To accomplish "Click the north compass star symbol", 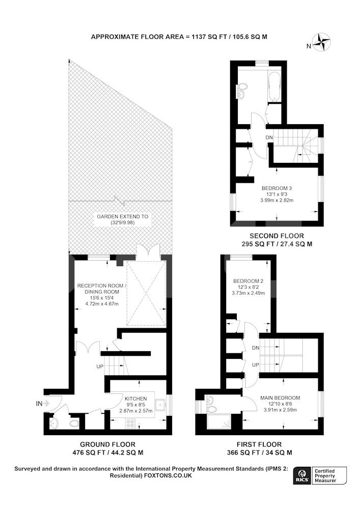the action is (x=322, y=42).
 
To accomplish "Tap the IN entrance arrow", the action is (x=46, y=404).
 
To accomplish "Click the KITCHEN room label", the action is (x=135, y=399).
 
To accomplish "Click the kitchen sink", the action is (x=160, y=405).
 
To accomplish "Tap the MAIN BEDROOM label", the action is (x=280, y=398).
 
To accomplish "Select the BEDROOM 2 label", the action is (x=248, y=281).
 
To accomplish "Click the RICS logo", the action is (x=301, y=476).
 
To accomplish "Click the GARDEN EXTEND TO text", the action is (x=122, y=216).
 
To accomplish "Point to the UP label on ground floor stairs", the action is (x=100, y=366).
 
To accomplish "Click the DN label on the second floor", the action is (x=269, y=137).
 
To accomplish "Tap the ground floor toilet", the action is (x=74, y=423).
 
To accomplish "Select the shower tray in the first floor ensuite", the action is (x=218, y=421).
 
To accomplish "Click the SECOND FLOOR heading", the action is (x=276, y=236).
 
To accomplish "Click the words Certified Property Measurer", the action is (x=325, y=476).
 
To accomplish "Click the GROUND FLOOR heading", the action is (x=107, y=444).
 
